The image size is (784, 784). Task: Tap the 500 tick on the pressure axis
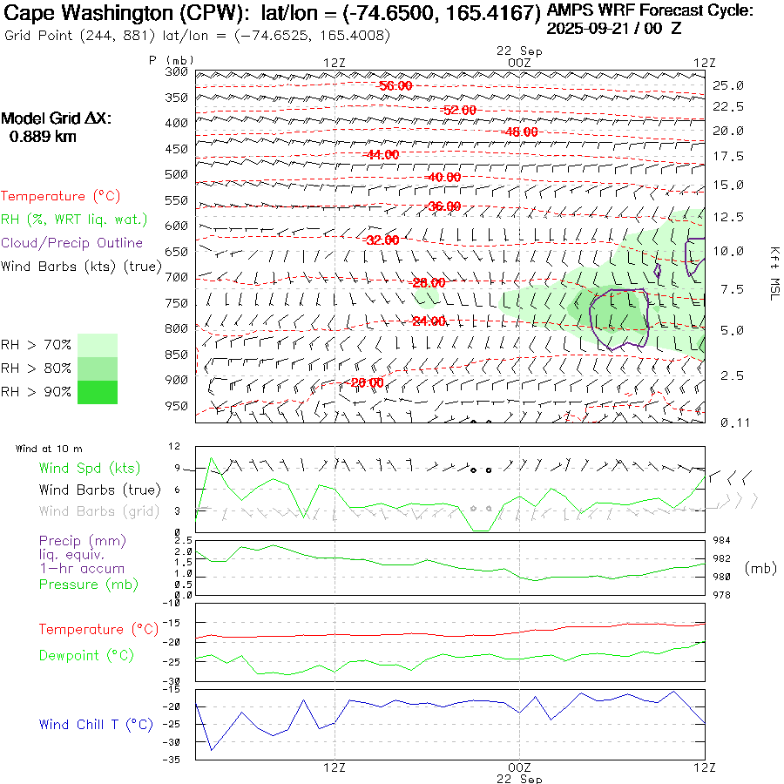coord(177,174)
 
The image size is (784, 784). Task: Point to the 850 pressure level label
coord(177,355)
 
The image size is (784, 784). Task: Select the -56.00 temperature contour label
coord(395,86)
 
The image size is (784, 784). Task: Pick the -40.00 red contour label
coord(443,178)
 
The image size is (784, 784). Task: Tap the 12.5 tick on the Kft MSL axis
coord(728,216)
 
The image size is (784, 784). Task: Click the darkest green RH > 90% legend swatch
coord(97,392)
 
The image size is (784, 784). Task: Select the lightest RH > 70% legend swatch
coord(97,345)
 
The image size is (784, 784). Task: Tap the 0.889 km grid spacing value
coord(43,137)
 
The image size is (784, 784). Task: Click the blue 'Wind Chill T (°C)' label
coord(96,725)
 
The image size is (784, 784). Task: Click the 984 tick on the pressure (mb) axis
coord(726,540)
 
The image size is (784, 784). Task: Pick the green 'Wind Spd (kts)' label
coord(90,469)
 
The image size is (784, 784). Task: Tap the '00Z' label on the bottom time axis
coord(519,767)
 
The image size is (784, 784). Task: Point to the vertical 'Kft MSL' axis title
coord(773,273)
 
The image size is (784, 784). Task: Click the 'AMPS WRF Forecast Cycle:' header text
coord(649,11)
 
